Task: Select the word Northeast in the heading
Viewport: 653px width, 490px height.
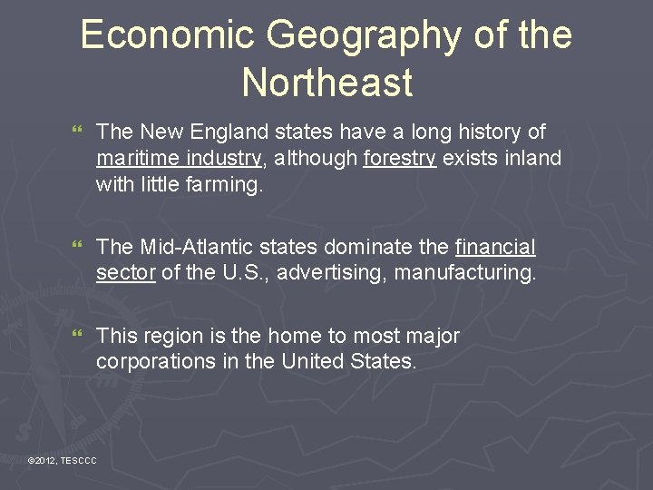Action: (327, 83)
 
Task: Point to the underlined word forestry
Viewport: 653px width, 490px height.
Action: (400, 160)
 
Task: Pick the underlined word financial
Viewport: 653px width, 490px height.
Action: (495, 248)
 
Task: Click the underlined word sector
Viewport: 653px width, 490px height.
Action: (126, 273)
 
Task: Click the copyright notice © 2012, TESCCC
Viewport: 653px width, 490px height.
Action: (63, 462)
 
